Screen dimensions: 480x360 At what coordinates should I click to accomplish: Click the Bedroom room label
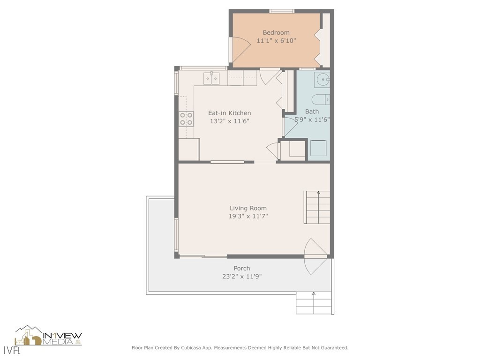point(276,32)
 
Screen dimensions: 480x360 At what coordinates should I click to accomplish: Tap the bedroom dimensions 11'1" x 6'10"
point(276,40)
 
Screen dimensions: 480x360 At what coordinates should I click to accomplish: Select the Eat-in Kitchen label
point(230,113)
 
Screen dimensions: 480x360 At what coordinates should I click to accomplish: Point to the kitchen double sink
point(211,78)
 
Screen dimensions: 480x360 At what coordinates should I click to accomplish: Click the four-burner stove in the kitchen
point(187,119)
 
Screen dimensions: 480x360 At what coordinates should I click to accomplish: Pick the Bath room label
point(312,112)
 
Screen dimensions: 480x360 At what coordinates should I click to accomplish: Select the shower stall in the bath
point(318,148)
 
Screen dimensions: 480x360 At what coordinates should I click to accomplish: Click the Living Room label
point(248,208)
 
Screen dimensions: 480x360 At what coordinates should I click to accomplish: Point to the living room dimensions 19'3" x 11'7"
point(248,216)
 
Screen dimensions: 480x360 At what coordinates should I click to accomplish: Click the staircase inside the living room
point(317,207)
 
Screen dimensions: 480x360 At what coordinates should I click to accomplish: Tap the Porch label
point(242,268)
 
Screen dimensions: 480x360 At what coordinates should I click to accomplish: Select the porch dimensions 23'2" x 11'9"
point(242,277)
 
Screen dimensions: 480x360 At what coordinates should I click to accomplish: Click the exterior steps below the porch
point(314,303)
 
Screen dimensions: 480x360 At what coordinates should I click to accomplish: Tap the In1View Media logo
point(48,336)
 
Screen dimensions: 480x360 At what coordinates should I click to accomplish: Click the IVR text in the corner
point(12,350)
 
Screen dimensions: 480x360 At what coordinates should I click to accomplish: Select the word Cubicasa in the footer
point(192,348)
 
